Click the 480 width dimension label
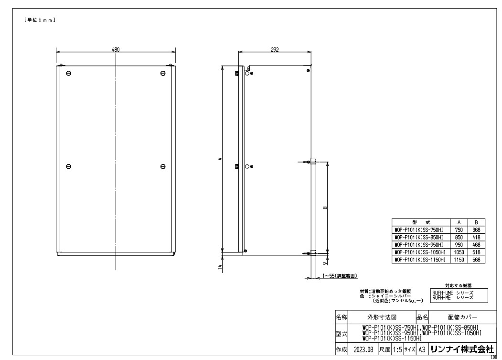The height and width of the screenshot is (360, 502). click(116, 50)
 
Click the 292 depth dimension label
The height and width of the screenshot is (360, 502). click(275, 50)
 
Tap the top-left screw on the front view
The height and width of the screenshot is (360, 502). click(68, 74)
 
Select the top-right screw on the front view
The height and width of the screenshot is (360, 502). click(163, 74)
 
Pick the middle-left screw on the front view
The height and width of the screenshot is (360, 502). click(68, 166)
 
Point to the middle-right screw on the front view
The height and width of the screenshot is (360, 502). click(163, 166)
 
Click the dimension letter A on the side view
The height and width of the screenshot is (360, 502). click(220, 159)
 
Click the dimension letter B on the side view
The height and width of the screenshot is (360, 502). click(325, 208)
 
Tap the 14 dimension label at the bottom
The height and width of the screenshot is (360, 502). click(220, 268)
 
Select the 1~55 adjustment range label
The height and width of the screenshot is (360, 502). click(339, 276)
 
